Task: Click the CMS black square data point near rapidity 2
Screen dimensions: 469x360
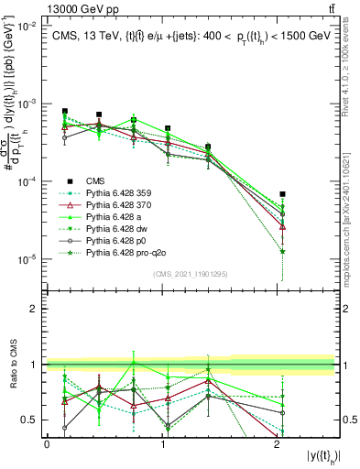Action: [283, 194]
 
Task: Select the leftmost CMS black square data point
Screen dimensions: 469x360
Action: [65, 112]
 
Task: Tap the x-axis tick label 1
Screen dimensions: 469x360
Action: [163, 442]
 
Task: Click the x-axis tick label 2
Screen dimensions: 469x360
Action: [278, 442]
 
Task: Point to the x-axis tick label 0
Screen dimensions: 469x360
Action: [47, 442]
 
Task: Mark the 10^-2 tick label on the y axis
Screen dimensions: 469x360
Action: [27, 27]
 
